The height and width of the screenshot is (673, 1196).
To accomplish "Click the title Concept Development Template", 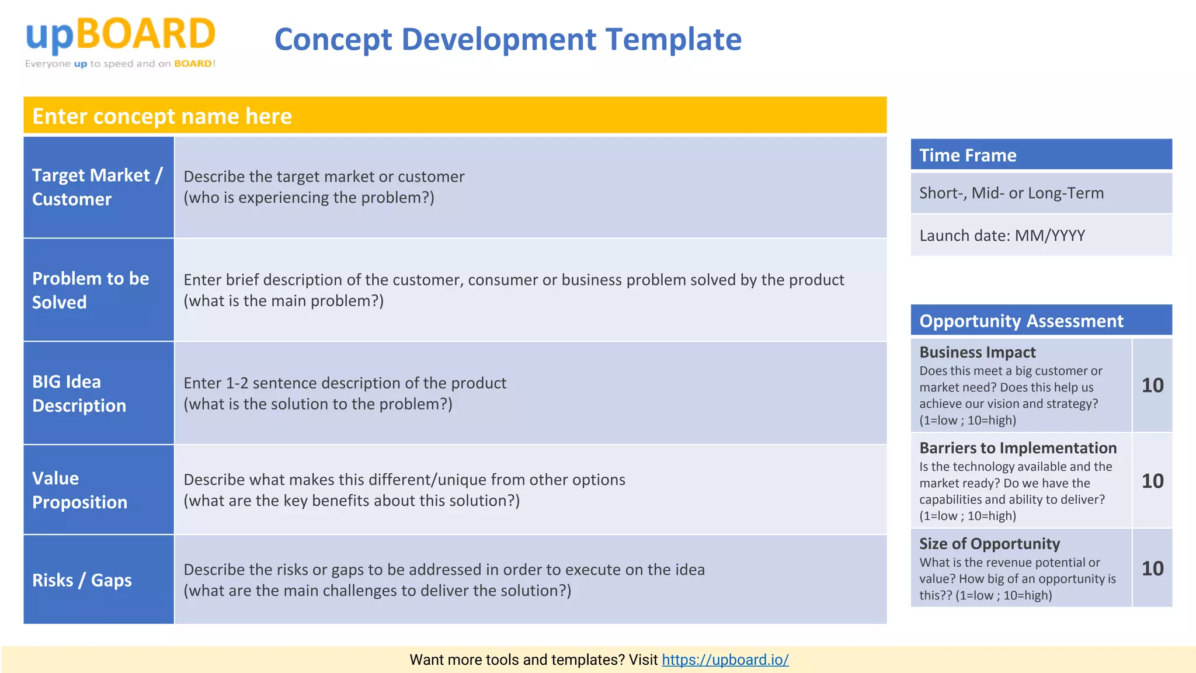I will click(x=507, y=40).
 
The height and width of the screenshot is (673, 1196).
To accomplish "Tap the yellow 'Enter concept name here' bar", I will click(x=454, y=116).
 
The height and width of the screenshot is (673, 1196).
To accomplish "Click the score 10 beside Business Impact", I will click(x=1152, y=386).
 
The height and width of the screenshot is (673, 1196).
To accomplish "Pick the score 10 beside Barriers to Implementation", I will click(x=1152, y=481).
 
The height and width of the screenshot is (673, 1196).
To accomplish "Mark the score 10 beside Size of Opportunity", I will click(x=1152, y=568).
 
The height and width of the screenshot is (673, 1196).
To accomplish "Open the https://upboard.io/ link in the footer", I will click(x=725, y=660).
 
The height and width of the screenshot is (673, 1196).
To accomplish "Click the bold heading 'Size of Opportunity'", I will click(x=989, y=543).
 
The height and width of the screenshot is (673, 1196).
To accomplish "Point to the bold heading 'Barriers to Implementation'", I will click(x=1017, y=447).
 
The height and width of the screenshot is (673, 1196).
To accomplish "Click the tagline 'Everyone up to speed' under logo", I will click(x=120, y=64).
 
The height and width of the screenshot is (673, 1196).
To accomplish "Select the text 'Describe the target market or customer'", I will click(x=324, y=176).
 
